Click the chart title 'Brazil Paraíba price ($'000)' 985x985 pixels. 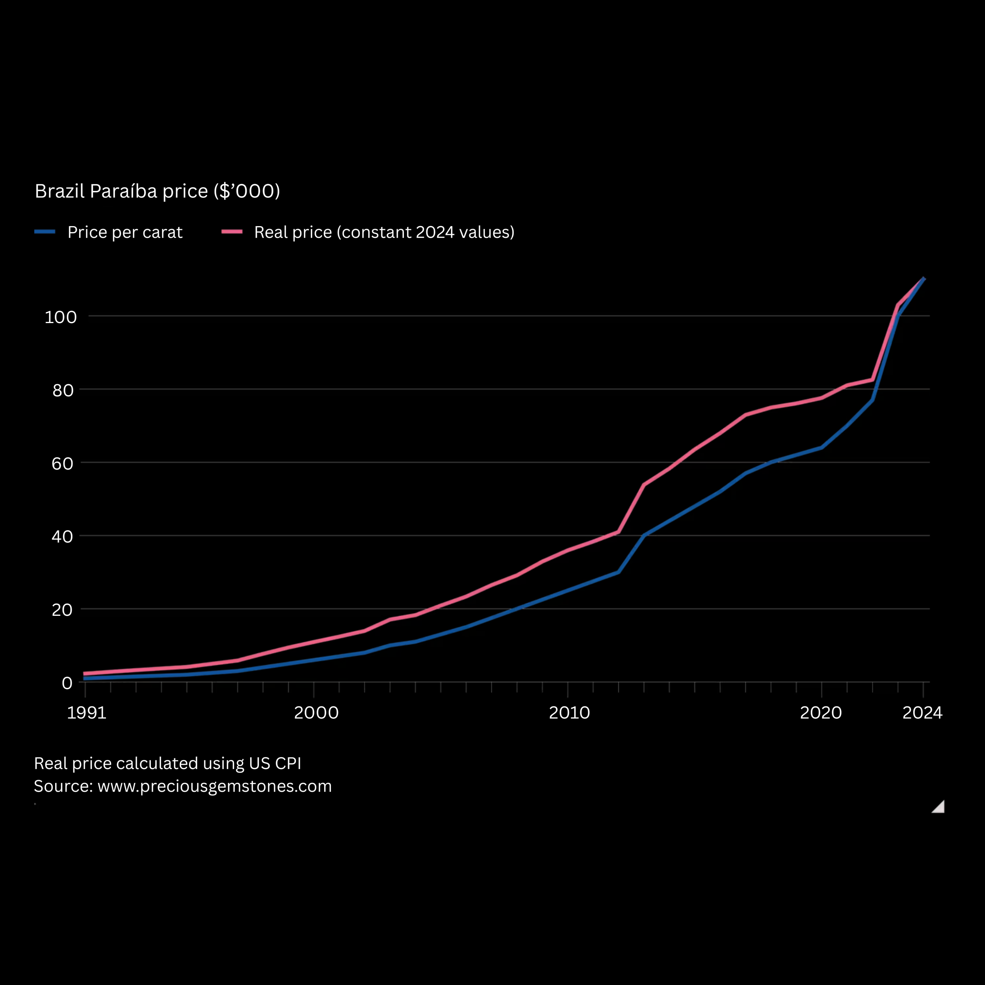pos(157,191)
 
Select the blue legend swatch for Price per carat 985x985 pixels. pos(45,232)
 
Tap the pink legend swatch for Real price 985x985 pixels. pos(232,232)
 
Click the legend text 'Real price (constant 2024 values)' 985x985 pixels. pos(384,232)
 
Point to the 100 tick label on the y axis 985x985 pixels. pos(61,317)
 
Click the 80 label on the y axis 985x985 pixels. pos(63,390)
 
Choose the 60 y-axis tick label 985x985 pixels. pos(62,463)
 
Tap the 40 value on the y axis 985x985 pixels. pos(62,536)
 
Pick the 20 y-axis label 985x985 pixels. pos(62,610)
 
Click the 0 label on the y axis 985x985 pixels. pos(67,683)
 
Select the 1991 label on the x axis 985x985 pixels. pos(87,713)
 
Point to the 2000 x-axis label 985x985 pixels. pos(316,713)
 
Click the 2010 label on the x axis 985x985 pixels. pos(569,713)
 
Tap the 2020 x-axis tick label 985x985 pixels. pos(821,713)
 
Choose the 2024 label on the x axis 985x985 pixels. pos(922,713)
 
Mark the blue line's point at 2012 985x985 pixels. pos(619,572)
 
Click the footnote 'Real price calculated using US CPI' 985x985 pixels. pos(167,763)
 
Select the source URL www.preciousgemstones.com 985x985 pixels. pos(215,786)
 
